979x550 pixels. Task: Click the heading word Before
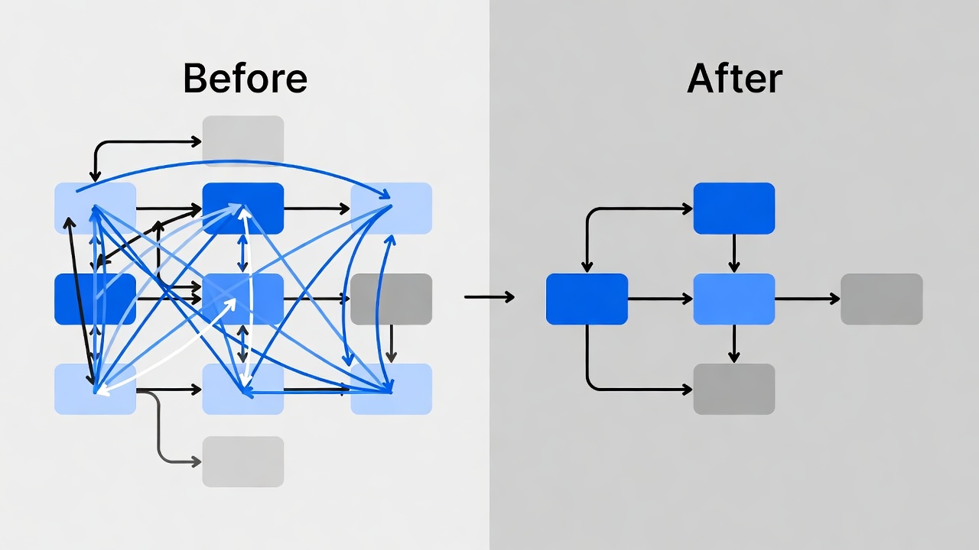(x=245, y=78)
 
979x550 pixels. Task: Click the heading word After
(x=734, y=78)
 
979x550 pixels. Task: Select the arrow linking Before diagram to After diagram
(x=489, y=297)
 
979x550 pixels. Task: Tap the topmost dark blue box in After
(x=733, y=208)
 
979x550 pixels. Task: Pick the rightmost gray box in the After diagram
(x=881, y=299)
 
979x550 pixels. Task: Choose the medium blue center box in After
(x=733, y=299)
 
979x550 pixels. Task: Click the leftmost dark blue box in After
(x=587, y=299)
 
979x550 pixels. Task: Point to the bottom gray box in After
(x=733, y=389)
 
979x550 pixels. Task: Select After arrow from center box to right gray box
(x=807, y=299)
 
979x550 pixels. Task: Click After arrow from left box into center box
(x=660, y=299)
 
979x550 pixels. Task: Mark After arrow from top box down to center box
(x=733, y=253)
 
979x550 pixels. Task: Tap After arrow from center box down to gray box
(x=733, y=344)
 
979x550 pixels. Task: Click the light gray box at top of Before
(x=242, y=141)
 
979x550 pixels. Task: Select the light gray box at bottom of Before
(x=242, y=461)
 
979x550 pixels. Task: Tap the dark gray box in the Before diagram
(x=391, y=299)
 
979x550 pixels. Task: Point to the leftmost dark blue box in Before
(x=76, y=299)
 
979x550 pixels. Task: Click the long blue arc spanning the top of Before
(x=229, y=161)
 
